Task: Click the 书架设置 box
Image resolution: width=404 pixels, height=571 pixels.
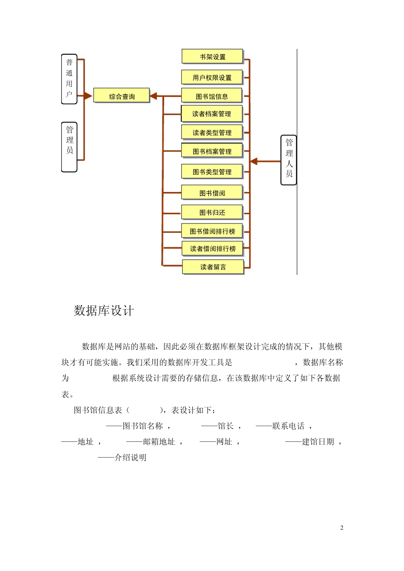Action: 212,56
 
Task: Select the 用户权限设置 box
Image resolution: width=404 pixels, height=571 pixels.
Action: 212,77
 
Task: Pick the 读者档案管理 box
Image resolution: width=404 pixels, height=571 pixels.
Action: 211,113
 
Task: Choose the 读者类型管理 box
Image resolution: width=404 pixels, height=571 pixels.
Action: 212,132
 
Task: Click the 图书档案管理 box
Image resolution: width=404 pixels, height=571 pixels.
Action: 212,151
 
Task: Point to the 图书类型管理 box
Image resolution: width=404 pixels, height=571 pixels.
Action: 212,171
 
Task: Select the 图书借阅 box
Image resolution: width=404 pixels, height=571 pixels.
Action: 212,192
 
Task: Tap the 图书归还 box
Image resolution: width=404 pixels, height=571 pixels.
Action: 212,212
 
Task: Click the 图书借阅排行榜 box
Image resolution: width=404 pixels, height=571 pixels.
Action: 212,231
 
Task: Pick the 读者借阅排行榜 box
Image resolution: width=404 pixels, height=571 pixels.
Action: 212,248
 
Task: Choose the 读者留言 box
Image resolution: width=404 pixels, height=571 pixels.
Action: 213,266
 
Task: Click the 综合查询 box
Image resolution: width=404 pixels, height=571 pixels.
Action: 122,96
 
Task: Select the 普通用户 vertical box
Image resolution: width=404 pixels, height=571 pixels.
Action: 69,79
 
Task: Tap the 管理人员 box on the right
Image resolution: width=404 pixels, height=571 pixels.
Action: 289,160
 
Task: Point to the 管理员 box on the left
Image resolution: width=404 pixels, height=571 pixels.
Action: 69,147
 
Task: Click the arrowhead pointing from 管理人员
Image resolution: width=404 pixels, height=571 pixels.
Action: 254,161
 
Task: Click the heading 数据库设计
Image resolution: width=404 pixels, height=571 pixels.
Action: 104,311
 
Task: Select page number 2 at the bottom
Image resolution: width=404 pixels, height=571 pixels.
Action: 341,528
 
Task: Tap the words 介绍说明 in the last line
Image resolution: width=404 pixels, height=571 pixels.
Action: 131,458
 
